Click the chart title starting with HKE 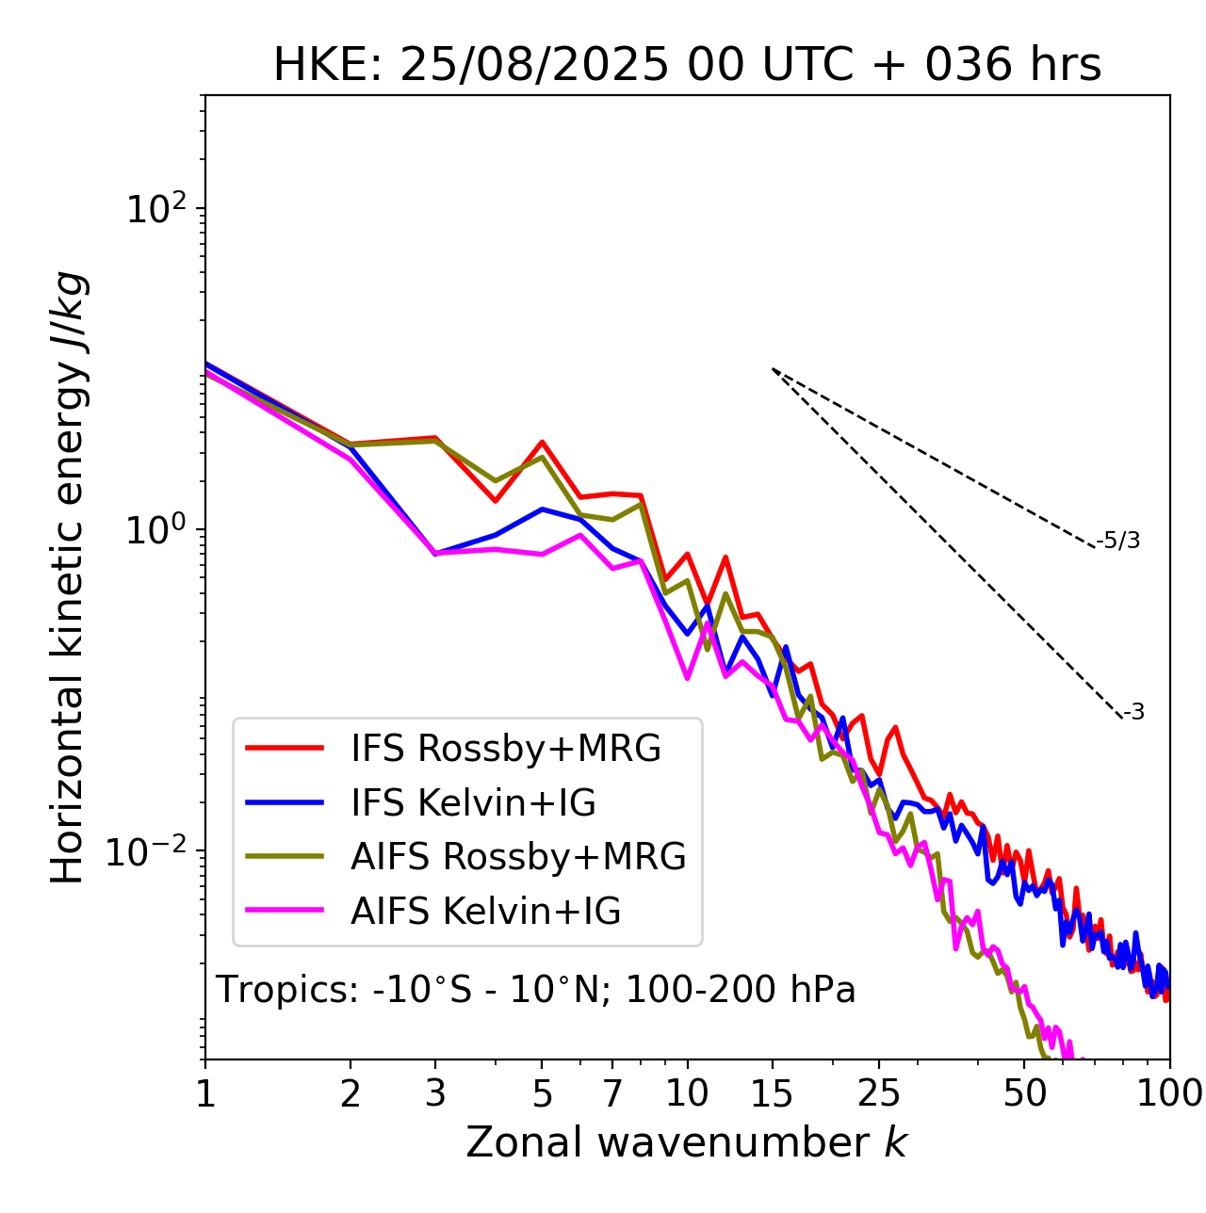click(x=687, y=66)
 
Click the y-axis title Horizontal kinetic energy click(x=69, y=578)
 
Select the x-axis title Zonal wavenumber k click(x=687, y=1142)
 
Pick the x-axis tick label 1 click(x=205, y=1093)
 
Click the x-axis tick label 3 click(x=435, y=1093)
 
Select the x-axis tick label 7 click(x=612, y=1093)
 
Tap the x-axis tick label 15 click(x=773, y=1093)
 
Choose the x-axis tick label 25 click(x=879, y=1093)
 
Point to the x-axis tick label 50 click(x=1025, y=1093)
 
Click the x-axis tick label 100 click(x=1168, y=1093)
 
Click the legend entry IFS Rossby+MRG click(x=506, y=749)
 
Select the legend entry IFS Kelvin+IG click(x=473, y=802)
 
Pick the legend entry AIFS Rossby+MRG click(x=518, y=857)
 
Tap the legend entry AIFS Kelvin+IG click(x=485, y=912)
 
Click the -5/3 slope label click(x=1118, y=541)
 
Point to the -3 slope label click(x=1133, y=712)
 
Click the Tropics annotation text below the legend click(x=535, y=990)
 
